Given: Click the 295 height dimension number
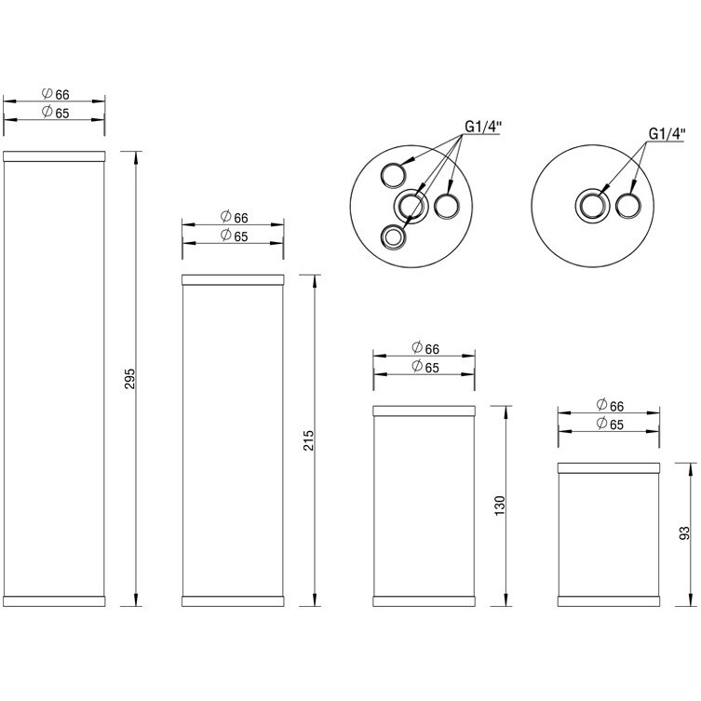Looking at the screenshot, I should point(130,379).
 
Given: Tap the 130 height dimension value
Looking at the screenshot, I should point(500,506).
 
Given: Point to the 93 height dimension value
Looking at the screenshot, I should point(684,532).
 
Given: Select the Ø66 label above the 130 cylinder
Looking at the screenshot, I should point(425,348).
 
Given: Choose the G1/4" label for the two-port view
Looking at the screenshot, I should point(666,133).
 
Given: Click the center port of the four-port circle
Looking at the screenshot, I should point(410,205).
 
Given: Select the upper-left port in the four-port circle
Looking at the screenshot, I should point(393,173).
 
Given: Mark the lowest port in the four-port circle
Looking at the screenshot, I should point(394,237).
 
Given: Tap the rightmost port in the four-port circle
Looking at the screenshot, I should point(446,205).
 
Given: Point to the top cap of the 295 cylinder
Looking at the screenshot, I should point(55,155).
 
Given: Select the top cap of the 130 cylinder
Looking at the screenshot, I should point(425,410).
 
